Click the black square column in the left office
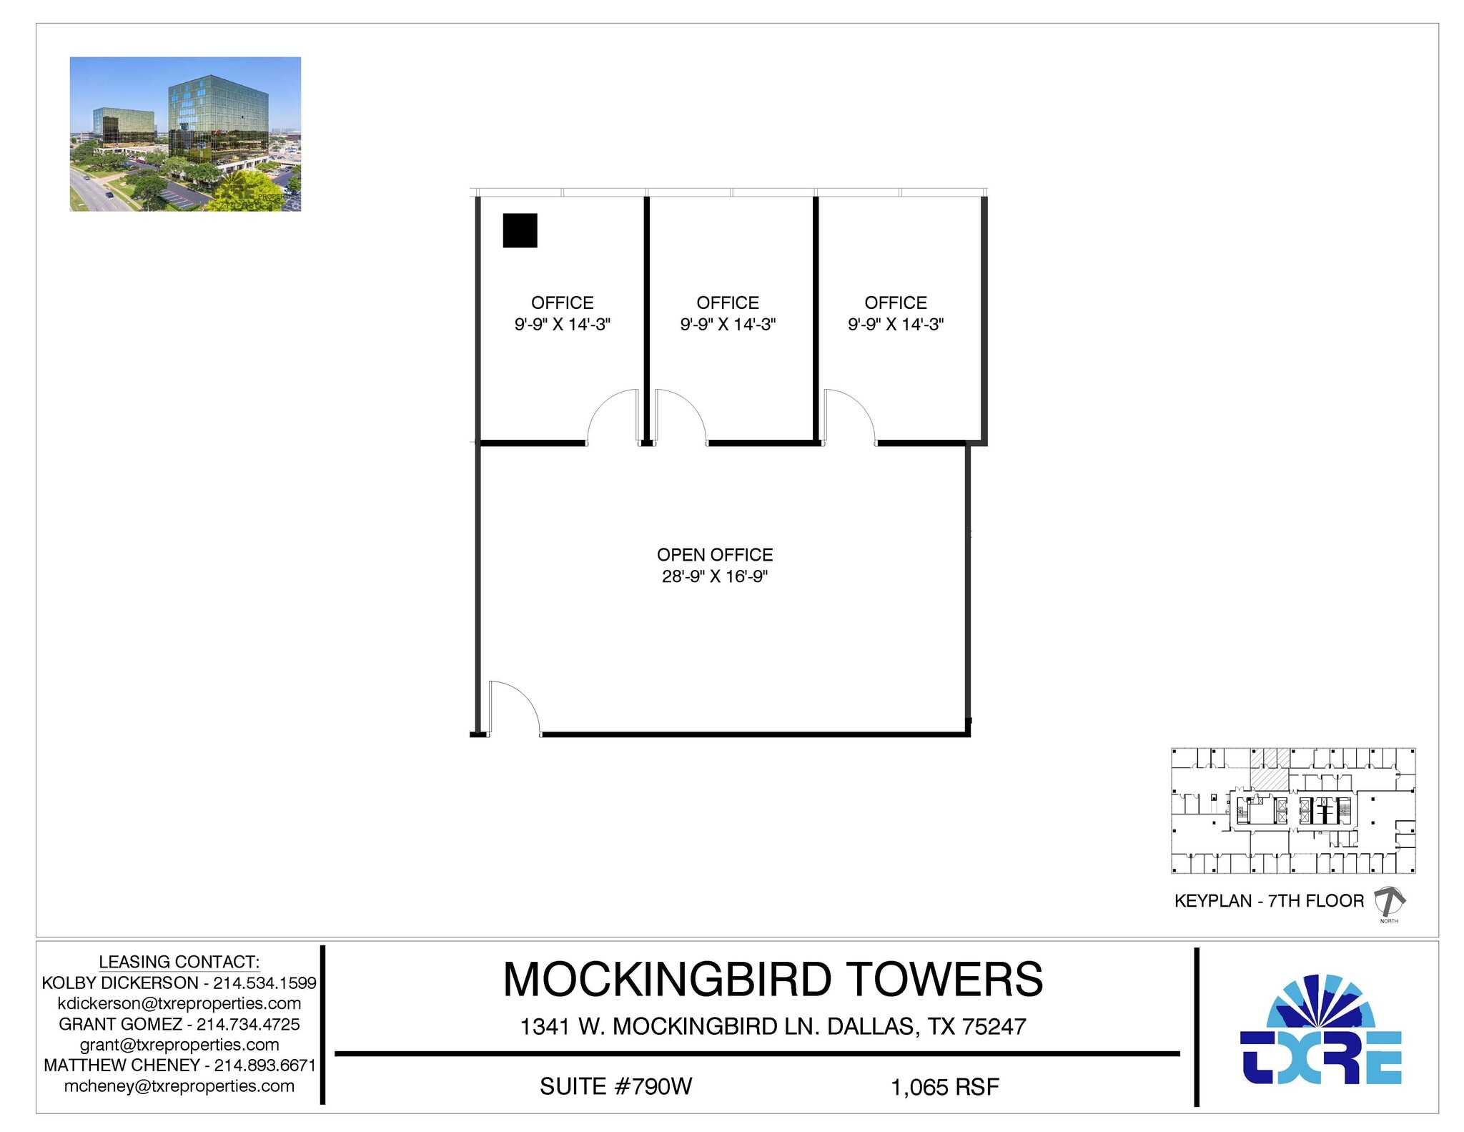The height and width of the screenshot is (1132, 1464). pyautogui.click(x=520, y=230)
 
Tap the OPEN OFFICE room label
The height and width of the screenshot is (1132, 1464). pyautogui.click(x=714, y=555)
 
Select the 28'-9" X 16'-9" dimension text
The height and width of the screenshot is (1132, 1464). pyautogui.click(x=714, y=576)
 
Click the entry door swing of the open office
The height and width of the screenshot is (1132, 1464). pyautogui.click(x=513, y=707)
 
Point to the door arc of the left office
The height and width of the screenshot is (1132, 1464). pyautogui.click(x=612, y=415)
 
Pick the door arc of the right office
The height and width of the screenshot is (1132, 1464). pyautogui.click(x=849, y=415)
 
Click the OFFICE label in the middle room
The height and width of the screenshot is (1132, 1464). pyautogui.click(x=728, y=302)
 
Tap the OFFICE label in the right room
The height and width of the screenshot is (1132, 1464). pyautogui.click(x=896, y=302)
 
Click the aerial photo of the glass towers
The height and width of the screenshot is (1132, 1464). pyautogui.click(x=185, y=134)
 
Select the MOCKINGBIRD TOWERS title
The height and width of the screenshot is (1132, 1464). pyautogui.click(x=773, y=979)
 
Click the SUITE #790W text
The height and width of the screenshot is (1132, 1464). pyautogui.click(x=615, y=1086)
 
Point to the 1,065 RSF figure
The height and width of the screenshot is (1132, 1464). pyautogui.click(x=944, y=1087)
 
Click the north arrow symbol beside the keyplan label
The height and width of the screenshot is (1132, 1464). pyautogui.click(x=1389, y=902)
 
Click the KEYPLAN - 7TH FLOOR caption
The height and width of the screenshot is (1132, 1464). pyautogui.click(x=1269, y=900)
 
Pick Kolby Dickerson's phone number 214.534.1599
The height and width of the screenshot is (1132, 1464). pyautogui.click(x=264, y=983)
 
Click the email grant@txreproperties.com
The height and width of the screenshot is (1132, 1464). pyautogui.click(x=179, y=1045)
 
